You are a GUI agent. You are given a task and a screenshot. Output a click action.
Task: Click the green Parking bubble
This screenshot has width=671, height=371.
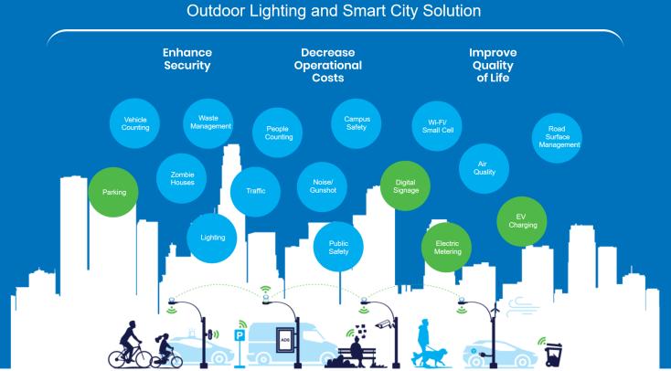click(114, 193)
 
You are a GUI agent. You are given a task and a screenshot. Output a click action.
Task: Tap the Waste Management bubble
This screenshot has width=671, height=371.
click(208, 122)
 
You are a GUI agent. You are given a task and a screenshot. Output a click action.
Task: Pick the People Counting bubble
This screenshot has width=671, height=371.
click(279, 133)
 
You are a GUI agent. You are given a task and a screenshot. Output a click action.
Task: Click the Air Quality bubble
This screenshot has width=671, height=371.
click(485, 167)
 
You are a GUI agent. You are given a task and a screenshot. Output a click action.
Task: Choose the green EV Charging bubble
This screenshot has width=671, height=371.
click(523, 220)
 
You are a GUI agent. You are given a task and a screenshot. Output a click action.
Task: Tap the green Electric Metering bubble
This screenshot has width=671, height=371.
click(447, 248)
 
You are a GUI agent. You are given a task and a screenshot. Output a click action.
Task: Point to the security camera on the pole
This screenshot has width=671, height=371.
click(385, 323)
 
